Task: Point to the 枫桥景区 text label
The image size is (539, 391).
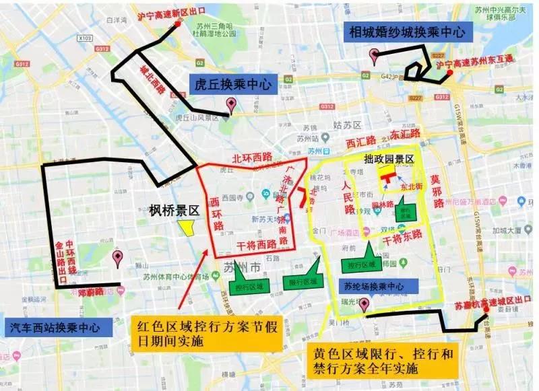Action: point(175,210)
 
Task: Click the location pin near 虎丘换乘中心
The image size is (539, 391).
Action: point(231,105)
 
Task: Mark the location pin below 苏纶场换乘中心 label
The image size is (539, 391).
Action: point(364,306)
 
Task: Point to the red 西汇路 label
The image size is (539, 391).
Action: point(360,142)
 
